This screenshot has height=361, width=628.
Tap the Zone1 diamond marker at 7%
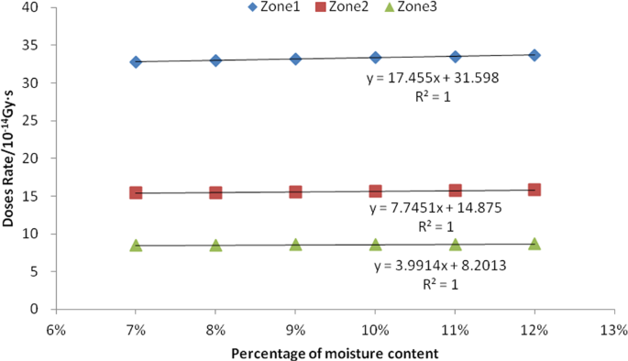(x=136, y=61)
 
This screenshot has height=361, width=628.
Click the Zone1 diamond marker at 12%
(x=534, y=55)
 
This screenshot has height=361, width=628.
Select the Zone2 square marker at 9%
(x=295, y=191)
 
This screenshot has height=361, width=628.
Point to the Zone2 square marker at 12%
(x=534, y=190)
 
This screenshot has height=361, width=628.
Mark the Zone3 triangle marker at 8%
(x=215, y=245)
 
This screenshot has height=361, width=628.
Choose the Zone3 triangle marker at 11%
(x=455, y=244)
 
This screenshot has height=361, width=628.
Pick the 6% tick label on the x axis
(x=56, y=329)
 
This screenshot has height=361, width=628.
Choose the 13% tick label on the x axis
(x=614, y=329)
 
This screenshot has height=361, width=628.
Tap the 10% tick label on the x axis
(x=375, y=329)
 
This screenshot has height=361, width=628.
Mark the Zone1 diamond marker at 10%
(x=375, y=58)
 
